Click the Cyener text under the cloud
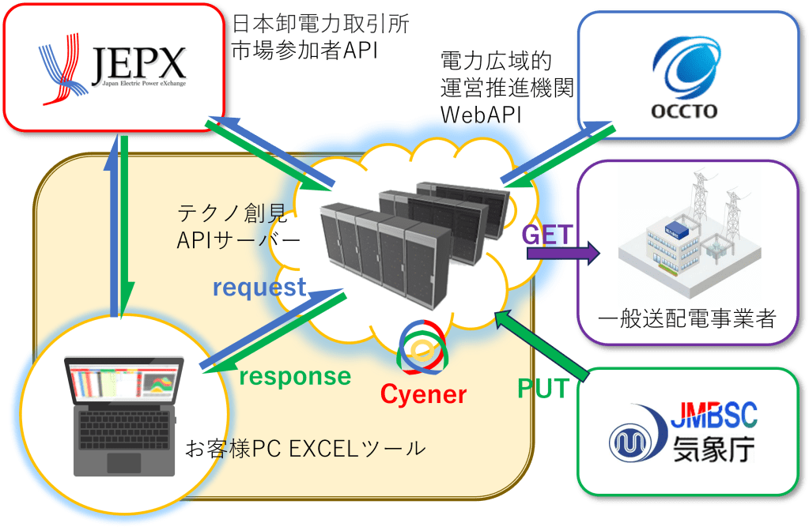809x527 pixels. tap(423, 393)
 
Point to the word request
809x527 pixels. tap(259, 288)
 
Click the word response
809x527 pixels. tap(294, 376)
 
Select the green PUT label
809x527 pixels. tap(542, 388)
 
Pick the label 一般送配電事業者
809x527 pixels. tap(686, 319)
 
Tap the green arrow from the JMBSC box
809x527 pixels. tap(545, 343)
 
